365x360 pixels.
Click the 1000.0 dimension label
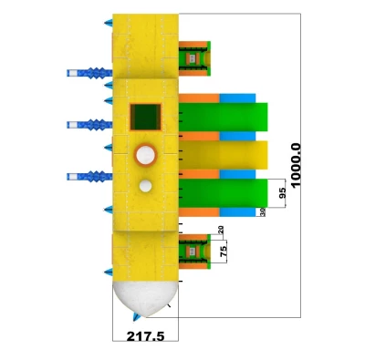tap(296, 166)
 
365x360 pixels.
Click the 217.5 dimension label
tap(145, 336)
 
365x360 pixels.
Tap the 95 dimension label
tap(282, 193)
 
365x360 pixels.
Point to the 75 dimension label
tap(224, 252)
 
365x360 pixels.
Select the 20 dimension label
tap(221, 230)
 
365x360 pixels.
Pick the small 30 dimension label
tap(263, 212)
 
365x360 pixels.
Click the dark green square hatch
tap(146, 117)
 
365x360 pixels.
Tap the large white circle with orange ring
tap(145, 155)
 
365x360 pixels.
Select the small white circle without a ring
tap(145, 186)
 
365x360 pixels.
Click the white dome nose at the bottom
tap(145, 298)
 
